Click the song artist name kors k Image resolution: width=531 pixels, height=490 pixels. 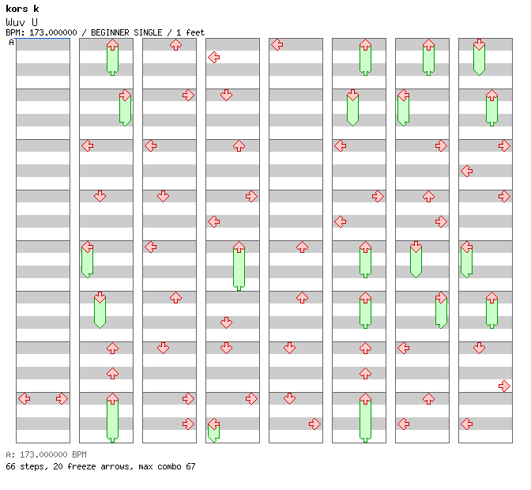22,9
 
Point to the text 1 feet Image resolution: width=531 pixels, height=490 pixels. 190,32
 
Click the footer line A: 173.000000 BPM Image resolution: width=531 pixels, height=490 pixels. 47,455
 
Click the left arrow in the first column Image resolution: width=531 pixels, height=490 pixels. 24,398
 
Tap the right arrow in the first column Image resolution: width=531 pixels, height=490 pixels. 62,398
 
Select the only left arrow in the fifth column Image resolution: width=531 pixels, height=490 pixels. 277,44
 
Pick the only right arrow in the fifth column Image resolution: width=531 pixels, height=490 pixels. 314,424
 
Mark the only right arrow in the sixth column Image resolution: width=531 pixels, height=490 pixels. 378,196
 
